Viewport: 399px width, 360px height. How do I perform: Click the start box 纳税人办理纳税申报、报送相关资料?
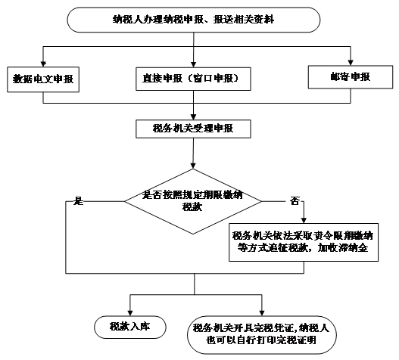[193, 20]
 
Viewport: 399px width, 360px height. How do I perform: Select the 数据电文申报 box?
[43, 79]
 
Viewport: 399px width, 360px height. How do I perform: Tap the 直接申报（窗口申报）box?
[193, 79]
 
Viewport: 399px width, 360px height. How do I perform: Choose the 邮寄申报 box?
[351, 77]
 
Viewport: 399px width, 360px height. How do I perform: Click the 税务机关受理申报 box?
[193, 129]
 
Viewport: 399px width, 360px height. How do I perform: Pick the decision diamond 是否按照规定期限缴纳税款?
[193, 201]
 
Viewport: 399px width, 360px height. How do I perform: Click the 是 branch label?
[79, 201]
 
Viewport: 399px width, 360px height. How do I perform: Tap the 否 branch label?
[295, 201]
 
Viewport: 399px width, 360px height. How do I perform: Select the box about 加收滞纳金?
[304, 242]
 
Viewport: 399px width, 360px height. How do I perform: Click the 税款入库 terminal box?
[130, 327]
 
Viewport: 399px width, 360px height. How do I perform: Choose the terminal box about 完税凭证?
[262, 335]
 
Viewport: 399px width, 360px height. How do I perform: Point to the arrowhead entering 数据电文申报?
[43, 64]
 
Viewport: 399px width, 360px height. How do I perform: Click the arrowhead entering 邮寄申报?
[351, 63]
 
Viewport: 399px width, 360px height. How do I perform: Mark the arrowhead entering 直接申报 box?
[193, 64]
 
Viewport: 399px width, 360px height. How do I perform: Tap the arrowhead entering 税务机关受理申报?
[193, 117]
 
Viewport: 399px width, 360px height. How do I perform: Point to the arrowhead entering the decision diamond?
[193, 166]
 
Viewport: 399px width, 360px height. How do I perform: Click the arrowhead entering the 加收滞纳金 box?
[304, 220]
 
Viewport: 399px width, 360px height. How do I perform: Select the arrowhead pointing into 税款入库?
[130, 313]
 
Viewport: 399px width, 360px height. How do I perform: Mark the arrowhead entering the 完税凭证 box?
[262, 313]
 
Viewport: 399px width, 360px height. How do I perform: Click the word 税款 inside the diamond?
[192, 207]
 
